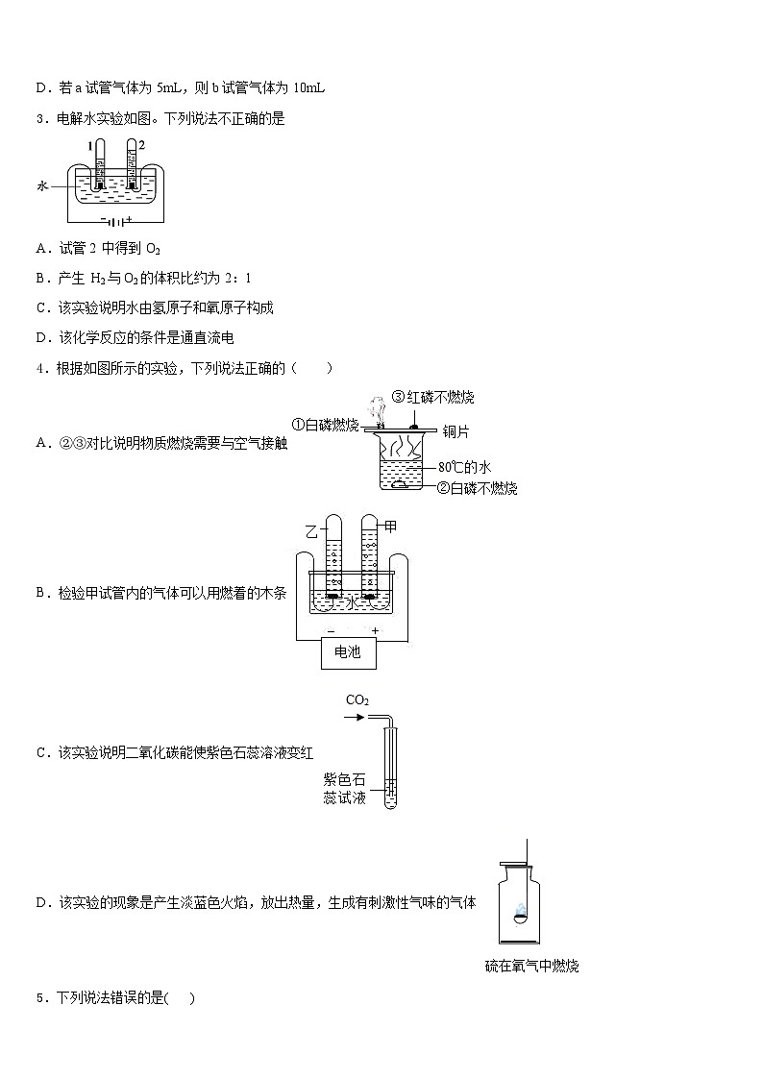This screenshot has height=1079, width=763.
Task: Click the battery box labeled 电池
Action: pos(347,652)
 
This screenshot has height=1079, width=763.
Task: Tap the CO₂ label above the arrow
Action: pos(357,700)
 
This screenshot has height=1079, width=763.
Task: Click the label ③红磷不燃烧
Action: pos(432,398)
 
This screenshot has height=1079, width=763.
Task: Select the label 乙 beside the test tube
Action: pos(311,530)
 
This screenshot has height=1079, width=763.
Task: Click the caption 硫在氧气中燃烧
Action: pos(531,966)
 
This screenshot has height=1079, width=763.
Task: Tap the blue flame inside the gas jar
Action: pos(519,910)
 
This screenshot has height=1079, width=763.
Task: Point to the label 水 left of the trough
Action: pos(41,188)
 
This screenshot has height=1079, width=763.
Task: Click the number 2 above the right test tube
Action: pos(141,145)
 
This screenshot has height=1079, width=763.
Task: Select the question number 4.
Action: pos(39,368)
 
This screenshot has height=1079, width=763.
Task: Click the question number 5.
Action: pos(39,998)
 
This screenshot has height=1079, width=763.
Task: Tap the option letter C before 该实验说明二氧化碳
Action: pos(41,752)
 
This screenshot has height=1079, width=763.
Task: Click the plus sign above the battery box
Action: pos(375,630)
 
